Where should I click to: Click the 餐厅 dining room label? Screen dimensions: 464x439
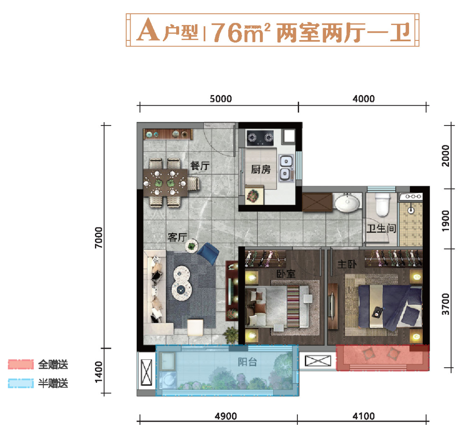[x=200, y=166]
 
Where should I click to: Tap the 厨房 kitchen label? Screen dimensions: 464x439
[x=261, y=169]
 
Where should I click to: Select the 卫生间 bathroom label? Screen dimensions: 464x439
[x=381, y=228]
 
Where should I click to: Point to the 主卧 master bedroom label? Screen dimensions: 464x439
[x=347, y=264]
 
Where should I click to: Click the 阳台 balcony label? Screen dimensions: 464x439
[x=247, y=362]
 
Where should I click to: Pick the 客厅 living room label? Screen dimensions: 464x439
[x=177, y=237]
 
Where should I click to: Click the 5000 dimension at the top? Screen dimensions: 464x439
[x=221, y=98]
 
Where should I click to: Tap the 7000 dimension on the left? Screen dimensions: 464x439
[x=99, y=238]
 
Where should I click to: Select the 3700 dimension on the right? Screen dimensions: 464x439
[x=446, y=304]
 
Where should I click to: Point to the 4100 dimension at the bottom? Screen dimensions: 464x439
[x=364, y=416]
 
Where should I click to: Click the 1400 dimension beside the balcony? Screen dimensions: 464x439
[x=99, y=372]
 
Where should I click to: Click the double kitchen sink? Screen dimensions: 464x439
[x=286, y=168]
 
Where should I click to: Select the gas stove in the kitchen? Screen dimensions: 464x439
[x=260, y=138]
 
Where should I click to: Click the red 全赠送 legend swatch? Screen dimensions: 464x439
[x=21, y=364]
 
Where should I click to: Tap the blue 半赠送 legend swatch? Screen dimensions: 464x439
[x=21, y=383]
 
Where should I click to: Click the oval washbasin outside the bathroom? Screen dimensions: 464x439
[x=347, y=203]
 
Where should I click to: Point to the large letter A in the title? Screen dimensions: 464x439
[x=148, y=30]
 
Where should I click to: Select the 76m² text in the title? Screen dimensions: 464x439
[x=241, y=32]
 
